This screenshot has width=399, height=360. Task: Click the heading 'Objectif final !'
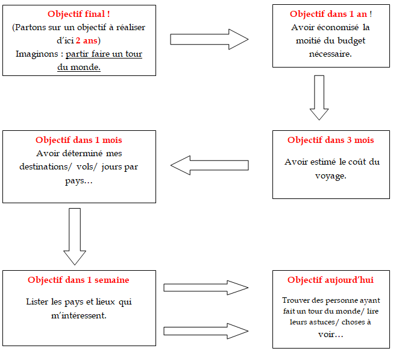click(78, 14)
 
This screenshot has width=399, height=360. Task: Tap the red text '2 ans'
click(87, 41)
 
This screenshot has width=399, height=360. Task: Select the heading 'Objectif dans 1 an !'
click(331, 14)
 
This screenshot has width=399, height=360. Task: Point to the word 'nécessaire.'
click(330, 54)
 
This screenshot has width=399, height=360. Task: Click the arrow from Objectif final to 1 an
click(209, 39)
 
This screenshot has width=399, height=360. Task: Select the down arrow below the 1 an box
click(319, 98)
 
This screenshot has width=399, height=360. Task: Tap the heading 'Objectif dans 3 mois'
click(330, 140)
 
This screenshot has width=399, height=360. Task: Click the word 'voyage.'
click(330, 176)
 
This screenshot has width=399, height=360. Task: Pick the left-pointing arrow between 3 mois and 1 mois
click(209, 165)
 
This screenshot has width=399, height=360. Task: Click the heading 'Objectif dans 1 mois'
click(78, 140)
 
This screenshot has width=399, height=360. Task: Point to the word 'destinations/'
click(44, 167)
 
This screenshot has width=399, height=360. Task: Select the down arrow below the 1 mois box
click(75, 236)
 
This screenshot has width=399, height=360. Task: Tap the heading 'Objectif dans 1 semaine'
click(78, 280)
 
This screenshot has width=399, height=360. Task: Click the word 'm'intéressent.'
click(78, 316)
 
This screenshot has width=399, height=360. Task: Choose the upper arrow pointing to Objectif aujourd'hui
click(206, 288)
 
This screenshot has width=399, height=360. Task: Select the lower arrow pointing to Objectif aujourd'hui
click(206, 331)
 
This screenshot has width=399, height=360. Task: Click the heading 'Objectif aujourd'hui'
click(330, 280)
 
